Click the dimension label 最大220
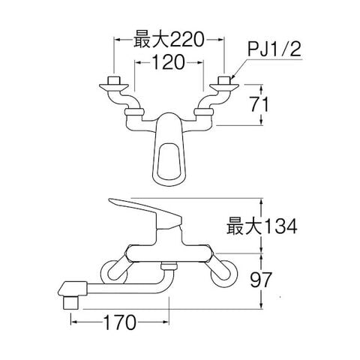(169, 40)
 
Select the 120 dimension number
(168, 62)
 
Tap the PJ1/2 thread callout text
(274, 49)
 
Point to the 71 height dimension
(259, 104)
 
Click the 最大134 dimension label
(262, 226)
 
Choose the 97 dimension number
(261, 280)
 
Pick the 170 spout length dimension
(120, 322)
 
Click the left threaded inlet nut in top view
(114, 80)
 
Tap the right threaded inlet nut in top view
(224, 80)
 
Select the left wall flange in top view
(114, 87)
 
